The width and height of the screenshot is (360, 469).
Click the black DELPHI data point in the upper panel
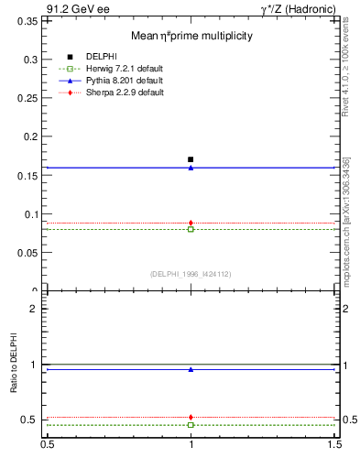[x=191, y=159]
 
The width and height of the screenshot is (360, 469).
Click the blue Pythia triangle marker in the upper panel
[x=191, y=168]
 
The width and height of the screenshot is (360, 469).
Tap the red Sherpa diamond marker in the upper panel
[x=191, y=223]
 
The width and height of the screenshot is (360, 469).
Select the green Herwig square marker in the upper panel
[x=191, y=229]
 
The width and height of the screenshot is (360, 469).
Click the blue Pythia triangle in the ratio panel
[x=191, y=369]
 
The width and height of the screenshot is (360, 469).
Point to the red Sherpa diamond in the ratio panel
[x=191, y=417]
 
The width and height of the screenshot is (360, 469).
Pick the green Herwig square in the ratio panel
[x=191, y=425]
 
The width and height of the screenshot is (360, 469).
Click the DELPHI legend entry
[x=101, y=57]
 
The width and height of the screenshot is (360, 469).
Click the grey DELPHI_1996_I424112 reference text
[x=191, y=273]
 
